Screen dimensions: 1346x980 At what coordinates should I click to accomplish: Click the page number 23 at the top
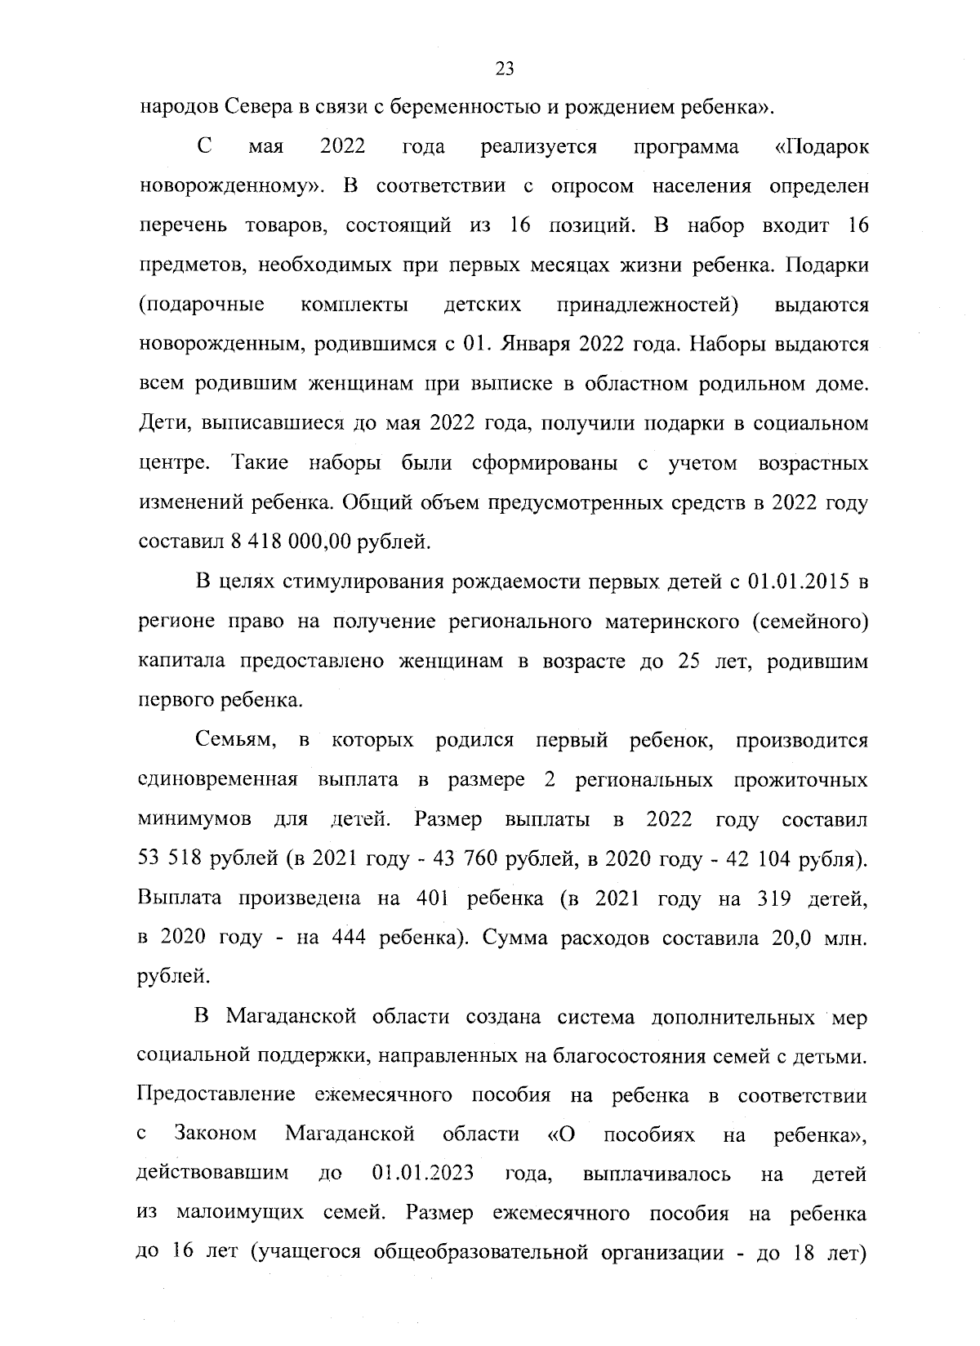tap(504, 69)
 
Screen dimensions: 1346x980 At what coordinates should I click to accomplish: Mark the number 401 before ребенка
tap(430, 899)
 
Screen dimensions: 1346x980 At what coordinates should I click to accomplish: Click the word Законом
tap(216, 1134)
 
